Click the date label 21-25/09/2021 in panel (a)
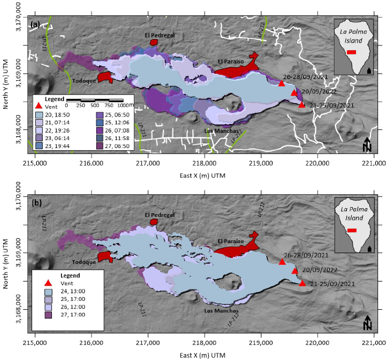330,105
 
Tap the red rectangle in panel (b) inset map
352,231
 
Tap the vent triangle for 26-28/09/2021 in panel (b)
282,262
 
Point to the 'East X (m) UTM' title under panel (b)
205,355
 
